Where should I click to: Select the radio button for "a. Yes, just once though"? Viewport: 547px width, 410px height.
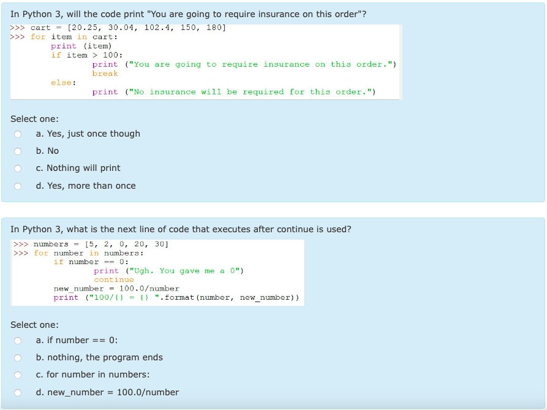pyautogui.click(x=18, y=134)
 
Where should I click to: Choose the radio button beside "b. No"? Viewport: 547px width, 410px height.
pyautogui.click(x=18, y=151)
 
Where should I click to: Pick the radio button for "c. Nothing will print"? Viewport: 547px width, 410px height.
pyautogui.click(x=18, y=169)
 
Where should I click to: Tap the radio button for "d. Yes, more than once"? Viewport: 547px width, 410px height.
pyautogui.click(x=18, y=186)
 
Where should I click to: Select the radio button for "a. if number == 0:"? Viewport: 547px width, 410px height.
pyautogui.click(x=18, y=341)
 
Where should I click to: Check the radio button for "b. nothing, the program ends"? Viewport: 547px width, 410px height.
pyautogui.click(x=18, y=358)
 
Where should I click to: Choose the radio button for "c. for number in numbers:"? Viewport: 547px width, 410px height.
pyautogui.click(x=18, y=375)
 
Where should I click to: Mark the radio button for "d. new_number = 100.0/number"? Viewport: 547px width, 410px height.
pyautogui.click(x=18, y=393)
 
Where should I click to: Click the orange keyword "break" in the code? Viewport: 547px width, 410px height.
pyautogui.click(x=105, y=74)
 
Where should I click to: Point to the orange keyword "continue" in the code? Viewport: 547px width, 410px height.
pyautogui.click(x=113, y=279)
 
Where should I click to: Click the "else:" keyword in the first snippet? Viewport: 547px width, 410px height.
pyautogui.click(x=63, y=83)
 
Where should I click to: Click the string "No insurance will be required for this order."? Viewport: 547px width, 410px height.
pyautogui.click(x=250, y=92)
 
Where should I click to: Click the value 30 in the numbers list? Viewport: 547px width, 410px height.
pyautogui.click(x=160, y=244)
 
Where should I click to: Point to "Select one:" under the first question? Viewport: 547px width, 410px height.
pyautogui.click(x=34, y=119)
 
